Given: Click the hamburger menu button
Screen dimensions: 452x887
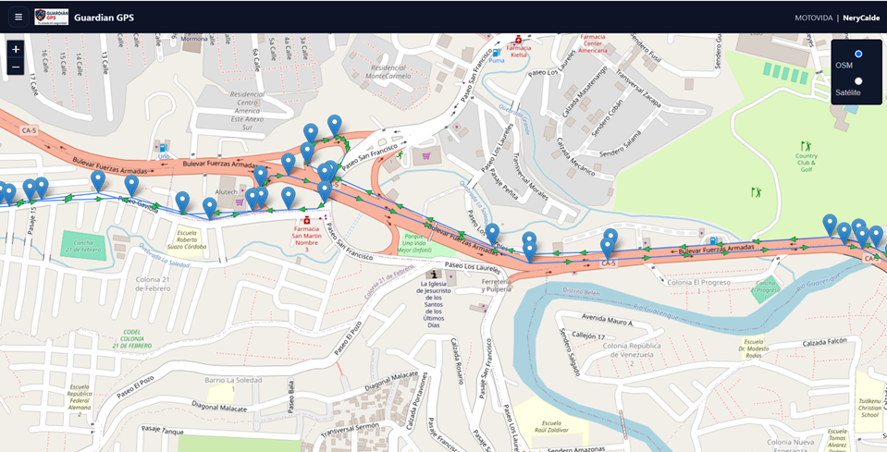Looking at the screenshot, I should coord(18,17).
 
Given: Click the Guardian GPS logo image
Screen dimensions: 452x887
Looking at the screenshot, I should coord(51,17).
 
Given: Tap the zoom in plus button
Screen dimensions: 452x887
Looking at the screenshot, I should coord(16,49).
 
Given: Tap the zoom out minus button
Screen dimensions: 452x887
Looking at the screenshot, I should coord(16,67).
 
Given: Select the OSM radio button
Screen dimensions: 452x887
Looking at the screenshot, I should coord(857,55).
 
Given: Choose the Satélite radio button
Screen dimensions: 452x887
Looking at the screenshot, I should coord(857,81).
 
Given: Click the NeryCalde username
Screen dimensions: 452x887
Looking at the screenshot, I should coord(861,18).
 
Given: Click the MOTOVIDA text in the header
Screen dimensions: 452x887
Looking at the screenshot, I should coord(814,18).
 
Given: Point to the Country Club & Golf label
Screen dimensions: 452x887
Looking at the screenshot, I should coord(806,162).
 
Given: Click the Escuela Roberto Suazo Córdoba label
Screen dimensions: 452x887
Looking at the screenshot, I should coord(187,239).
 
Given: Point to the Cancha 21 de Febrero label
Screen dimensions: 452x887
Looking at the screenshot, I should coord(81,246).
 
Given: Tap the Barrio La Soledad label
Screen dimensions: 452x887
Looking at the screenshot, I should coord(228,379).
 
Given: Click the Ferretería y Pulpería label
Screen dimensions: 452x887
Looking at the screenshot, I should coord(497,285).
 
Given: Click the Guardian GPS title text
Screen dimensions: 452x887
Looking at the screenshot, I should coord(104,17).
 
